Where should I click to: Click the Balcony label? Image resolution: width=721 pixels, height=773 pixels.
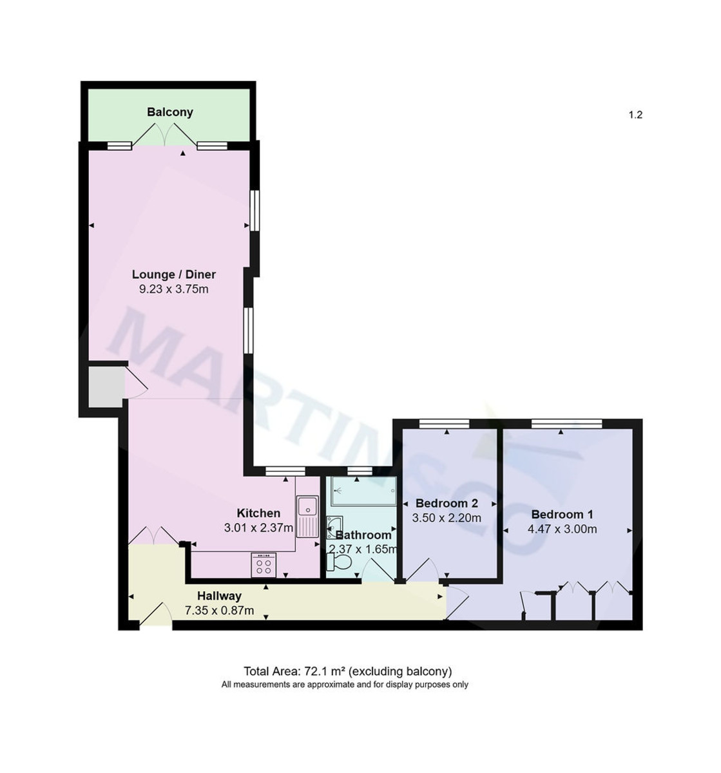(170, 112)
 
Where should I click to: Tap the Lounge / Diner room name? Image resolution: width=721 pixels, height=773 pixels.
(174, 274)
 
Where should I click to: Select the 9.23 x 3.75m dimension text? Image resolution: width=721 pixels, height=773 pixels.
(174, 289)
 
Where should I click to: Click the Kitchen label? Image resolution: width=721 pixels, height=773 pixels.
(258, 513)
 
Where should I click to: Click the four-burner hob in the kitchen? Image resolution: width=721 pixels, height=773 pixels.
(264, 565)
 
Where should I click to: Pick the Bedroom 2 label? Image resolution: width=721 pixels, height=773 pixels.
(447, 503)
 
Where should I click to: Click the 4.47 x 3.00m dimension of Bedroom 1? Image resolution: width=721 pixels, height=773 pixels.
(562, 530)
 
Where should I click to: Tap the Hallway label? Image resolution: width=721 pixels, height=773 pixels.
(219, 596)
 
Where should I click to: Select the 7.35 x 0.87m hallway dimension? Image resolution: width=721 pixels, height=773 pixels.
(219, 611)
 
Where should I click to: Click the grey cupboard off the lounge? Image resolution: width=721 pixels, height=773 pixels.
(106, 386)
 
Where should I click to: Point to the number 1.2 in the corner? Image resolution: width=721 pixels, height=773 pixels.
(635, 115)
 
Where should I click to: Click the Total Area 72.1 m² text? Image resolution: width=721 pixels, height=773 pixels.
(347, 671)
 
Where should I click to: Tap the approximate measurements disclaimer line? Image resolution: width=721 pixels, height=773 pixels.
(345, 685)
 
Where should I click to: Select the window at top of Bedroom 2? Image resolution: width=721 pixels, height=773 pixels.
(444, 423)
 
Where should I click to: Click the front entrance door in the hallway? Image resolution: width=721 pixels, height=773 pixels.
(155, 615)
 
